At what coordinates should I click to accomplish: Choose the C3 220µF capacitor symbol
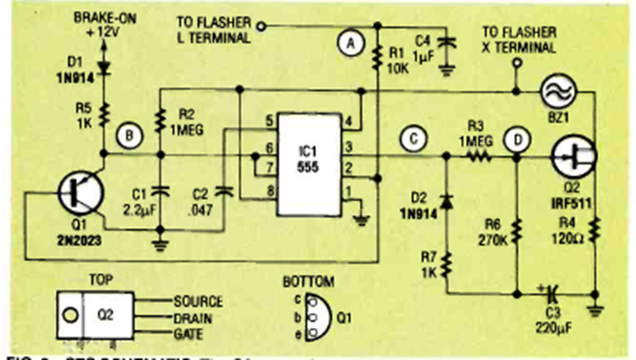553,292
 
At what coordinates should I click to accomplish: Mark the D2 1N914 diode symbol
448,201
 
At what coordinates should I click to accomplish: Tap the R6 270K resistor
517,229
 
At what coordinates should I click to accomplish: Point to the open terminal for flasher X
516,62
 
